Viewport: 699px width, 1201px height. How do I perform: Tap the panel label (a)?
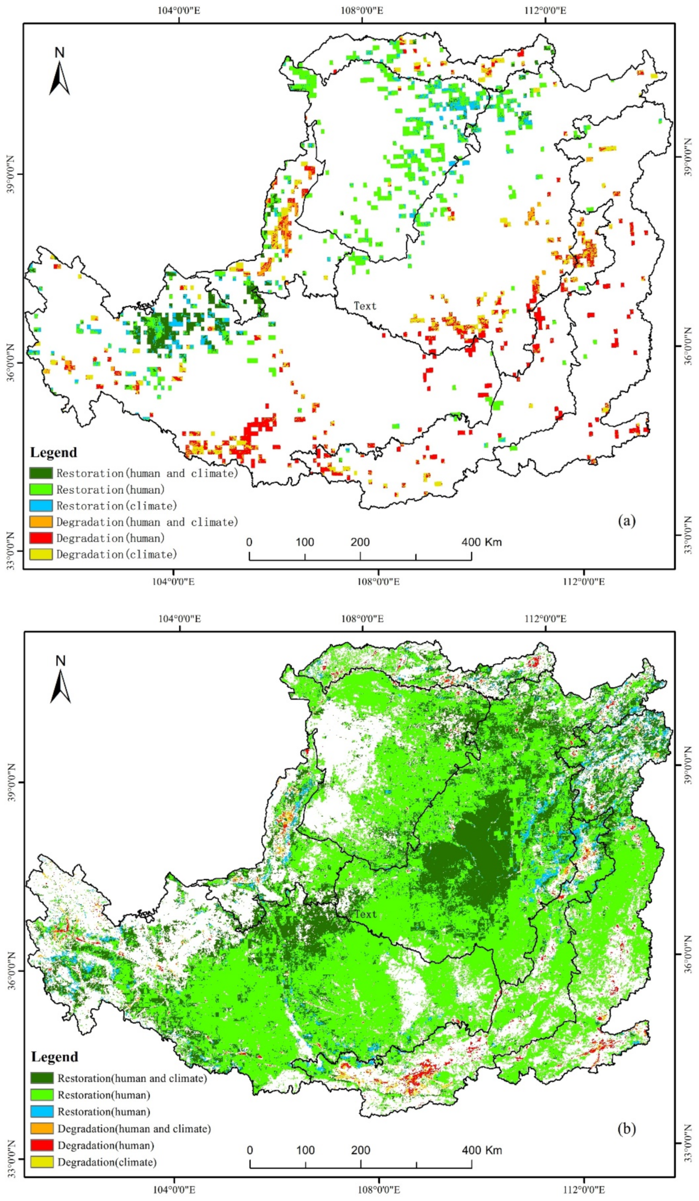(x=626, y=521)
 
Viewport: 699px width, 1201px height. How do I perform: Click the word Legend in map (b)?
(x=54, y=1057)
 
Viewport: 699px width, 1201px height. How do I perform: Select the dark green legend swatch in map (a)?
(x=41, y=473)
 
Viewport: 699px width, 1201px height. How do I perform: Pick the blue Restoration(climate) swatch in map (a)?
(x=41, y=506)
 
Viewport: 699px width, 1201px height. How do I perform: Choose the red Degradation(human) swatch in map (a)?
(x=41, y=538)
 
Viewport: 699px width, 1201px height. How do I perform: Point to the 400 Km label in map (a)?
(x=481, y=542)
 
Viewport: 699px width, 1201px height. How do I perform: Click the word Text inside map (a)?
(x=365, y=306)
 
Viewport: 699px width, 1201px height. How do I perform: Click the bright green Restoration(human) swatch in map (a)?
(x=41, y=489)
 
